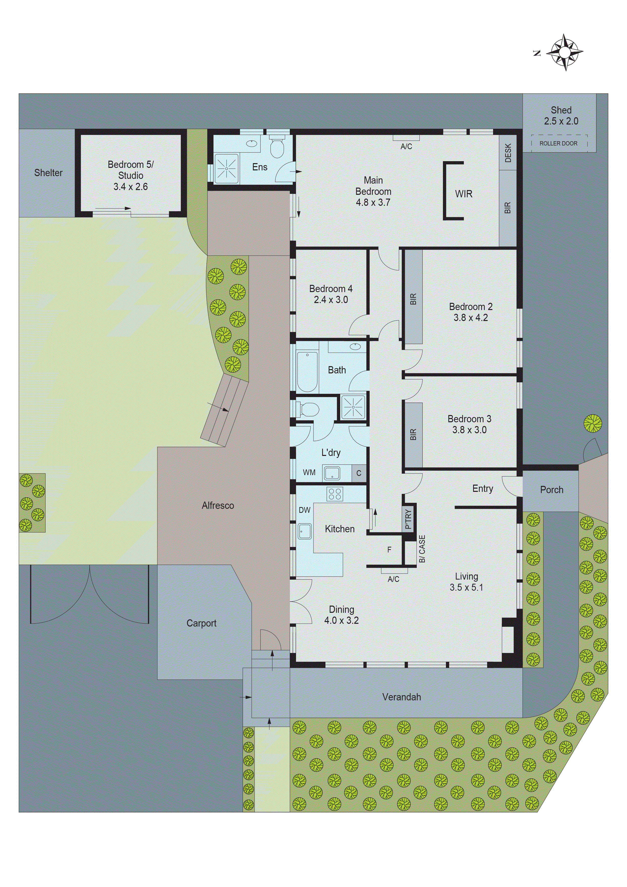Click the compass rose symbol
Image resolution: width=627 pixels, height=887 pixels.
(566, 52)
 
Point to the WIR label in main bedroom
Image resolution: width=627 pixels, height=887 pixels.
(464, 194)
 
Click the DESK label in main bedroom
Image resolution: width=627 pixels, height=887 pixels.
(508, 153)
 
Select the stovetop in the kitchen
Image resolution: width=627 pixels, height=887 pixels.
(334, 494)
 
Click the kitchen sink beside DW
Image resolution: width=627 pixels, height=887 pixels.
(305, 531)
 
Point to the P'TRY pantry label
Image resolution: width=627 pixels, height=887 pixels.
(408, 519)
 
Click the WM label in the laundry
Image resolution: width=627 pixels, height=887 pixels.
(309, 473)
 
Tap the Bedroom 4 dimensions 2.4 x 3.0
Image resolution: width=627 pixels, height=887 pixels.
(331, 300)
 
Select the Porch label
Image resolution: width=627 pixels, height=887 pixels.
(551, 490)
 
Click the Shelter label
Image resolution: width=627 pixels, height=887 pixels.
(48, 173)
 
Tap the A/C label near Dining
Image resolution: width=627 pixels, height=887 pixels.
(393, 579)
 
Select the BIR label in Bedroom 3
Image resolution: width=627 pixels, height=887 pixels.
(413, 435)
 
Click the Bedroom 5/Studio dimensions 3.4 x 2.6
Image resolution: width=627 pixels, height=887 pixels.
(130, 187)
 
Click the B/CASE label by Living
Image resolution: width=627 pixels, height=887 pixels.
(422, 549)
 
